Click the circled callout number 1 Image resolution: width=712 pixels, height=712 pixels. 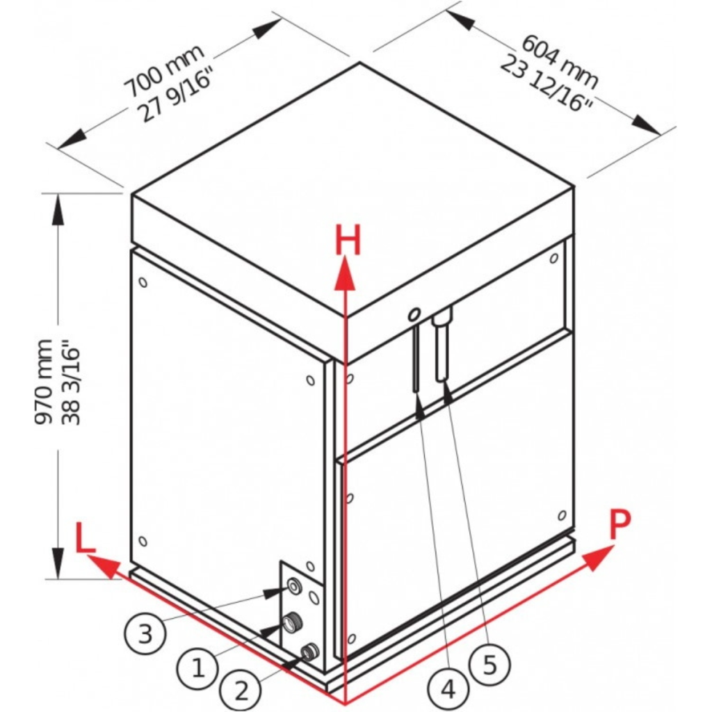pos(198,668)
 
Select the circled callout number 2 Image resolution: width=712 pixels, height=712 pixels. pos(241,690)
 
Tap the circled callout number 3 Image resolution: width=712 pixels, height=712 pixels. pos(145,633)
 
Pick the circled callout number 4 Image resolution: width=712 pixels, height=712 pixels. pos(448,689)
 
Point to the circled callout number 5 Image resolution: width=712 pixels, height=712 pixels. pos(489,665)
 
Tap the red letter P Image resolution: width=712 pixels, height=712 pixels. pos(620,525)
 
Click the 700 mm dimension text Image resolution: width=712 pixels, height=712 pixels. pos(164,71)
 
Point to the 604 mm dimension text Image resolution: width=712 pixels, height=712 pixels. pos(560,62)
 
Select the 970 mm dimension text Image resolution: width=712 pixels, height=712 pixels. pos(44,382)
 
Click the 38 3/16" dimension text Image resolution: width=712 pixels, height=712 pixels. pos(70,386)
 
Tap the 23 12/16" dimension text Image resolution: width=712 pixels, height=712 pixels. pos(547,84)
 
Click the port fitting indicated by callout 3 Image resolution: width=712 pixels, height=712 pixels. pos(294,587)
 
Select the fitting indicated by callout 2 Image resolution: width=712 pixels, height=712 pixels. pos(310,652)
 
